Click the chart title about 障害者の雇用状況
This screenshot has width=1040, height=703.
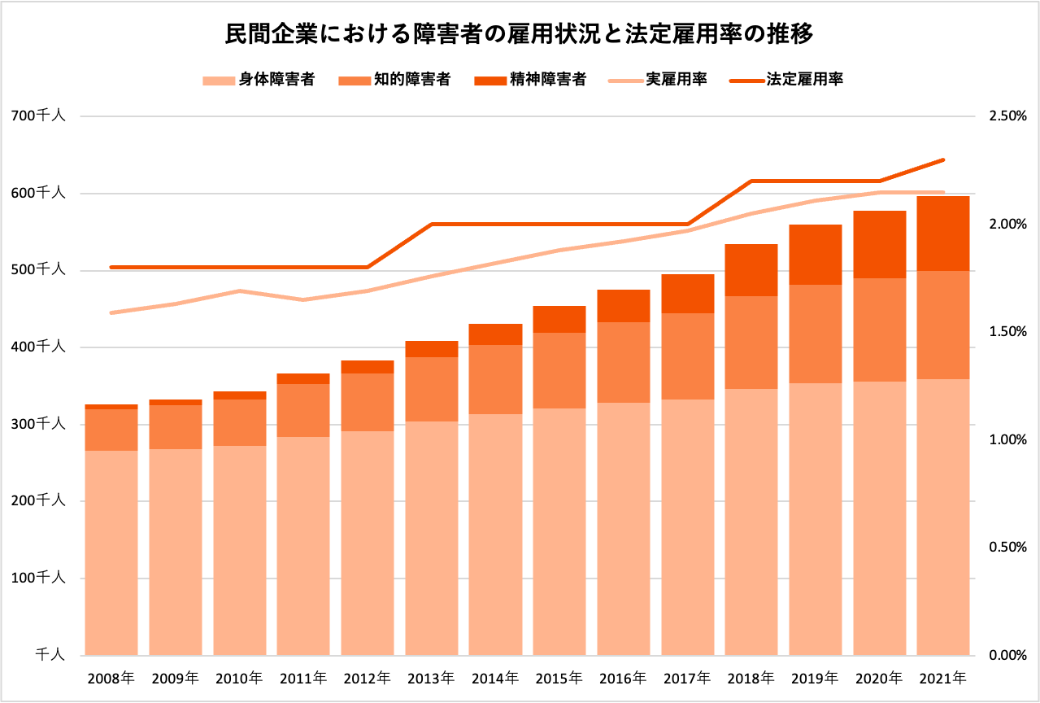(x=520, y=35)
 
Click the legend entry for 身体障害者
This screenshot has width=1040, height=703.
(x=258, y=80)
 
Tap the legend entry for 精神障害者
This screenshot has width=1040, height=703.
(x=530, y=80)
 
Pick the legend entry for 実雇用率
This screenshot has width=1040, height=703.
(x=658, y=80)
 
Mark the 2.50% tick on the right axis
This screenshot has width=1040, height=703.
(x=1007, y=116)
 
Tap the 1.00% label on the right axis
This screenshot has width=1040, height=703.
(x=1007, y=439)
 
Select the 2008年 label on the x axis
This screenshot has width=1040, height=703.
(x=111, y=677)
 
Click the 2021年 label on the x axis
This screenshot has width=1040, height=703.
(x=943, y=677)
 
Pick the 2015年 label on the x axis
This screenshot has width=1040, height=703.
(x=559, y=677)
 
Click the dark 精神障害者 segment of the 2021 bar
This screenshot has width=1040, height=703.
(x=943, y=234)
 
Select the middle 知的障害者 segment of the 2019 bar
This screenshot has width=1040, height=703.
(x=815, y=334)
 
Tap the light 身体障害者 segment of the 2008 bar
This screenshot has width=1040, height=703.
(x=111, y=553)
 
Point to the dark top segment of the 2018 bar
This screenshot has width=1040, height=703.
(x=751, y=270)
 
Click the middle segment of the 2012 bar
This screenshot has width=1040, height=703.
(x=368, y=402)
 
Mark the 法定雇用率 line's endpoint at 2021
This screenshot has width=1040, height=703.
(x=943, y=159)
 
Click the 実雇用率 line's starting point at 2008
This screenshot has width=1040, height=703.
(x=111, y=312)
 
